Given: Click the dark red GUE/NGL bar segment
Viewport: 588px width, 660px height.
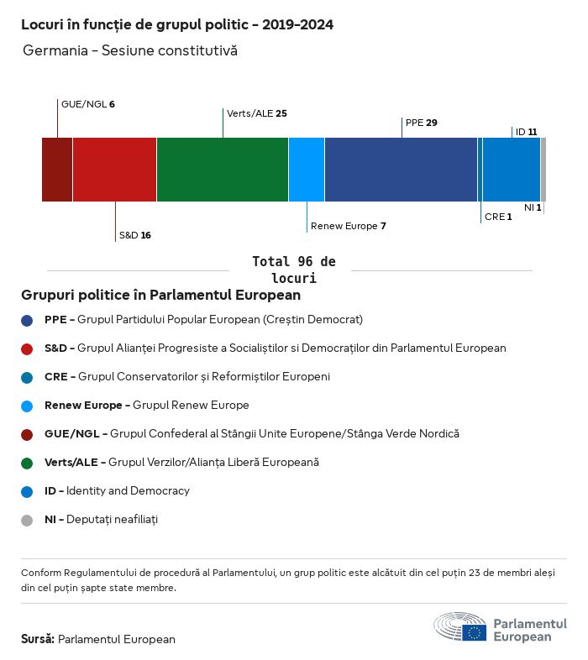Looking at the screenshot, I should click(57, 169).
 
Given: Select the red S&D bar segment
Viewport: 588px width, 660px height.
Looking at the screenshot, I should click(114, 169).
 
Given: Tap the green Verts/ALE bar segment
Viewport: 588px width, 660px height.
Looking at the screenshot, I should click(223, 169).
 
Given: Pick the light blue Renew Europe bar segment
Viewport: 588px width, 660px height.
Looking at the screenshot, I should click(307, 169).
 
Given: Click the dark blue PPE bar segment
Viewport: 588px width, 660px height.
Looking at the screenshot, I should click(401, 169).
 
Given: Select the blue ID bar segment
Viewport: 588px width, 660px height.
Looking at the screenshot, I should click(512, 169).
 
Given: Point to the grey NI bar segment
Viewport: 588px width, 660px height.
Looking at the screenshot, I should click(543, 169).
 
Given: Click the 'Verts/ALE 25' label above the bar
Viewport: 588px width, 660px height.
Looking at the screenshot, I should click(257, 113).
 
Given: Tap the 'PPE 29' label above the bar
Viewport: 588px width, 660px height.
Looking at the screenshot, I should click(422, 123).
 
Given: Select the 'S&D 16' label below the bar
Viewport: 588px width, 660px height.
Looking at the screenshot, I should click(135, 235).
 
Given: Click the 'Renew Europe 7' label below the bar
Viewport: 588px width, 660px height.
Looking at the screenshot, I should click(349, 226).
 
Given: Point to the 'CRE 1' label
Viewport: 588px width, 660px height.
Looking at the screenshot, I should click(498, 217).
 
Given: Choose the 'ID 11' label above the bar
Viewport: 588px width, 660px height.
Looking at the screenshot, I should click(527, 132).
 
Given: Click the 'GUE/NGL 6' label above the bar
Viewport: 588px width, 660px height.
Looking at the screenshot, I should click(88, 104).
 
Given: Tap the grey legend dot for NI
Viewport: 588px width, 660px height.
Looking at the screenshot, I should click(27, 520).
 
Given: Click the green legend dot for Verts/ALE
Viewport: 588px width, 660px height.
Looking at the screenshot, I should click(27, 463).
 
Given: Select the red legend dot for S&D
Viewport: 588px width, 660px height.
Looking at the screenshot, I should click(27, 348).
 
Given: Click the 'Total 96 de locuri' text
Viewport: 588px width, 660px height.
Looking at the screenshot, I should click(294, 270).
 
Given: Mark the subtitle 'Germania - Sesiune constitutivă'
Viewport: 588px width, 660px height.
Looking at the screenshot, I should click(130, 50).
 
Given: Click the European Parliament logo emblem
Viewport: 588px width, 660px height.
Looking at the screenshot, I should click(460, 628).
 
